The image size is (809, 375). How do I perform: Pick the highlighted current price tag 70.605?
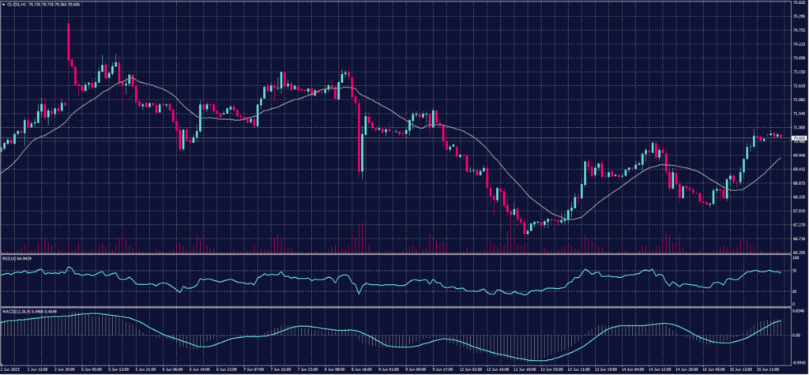coord(798,137)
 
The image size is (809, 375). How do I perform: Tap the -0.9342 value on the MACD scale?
coord(797,359)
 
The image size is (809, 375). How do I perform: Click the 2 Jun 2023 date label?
coord(10,368)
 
